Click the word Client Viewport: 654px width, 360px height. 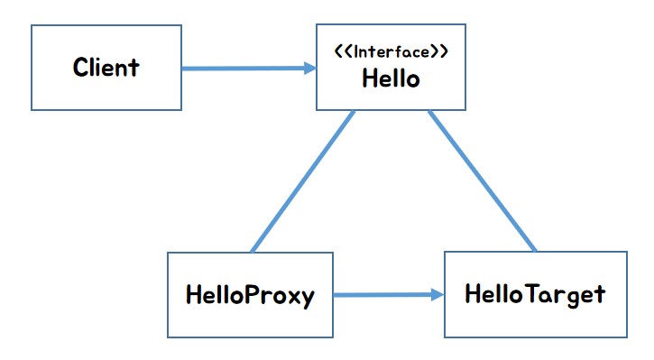106,67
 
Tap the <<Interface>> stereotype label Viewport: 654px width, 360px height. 391,53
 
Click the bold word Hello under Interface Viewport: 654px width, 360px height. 391,78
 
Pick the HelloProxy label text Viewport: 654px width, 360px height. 250,295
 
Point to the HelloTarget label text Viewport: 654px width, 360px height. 534,294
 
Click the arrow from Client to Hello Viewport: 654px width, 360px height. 244,68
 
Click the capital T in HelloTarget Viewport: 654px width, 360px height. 524,294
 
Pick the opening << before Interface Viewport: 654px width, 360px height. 343,53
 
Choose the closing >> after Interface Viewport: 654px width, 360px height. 439,53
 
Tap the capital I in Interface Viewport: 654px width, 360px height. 357,53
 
